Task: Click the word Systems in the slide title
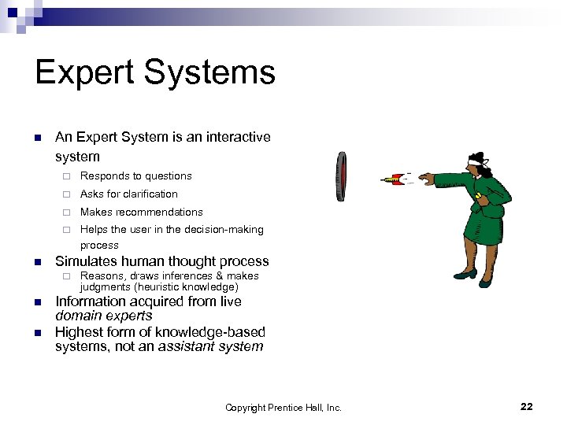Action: [213, 73]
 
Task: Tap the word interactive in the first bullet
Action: [237, 137]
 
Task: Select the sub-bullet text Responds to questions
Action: [135, 176]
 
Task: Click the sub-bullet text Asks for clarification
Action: [128, 194]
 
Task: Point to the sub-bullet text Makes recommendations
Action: [141, 212]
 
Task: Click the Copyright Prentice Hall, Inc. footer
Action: [283, 407]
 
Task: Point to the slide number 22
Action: [527, 406]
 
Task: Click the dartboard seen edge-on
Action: [341, 176]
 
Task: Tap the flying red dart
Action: [391, 180]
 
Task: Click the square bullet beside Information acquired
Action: [37, 302]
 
